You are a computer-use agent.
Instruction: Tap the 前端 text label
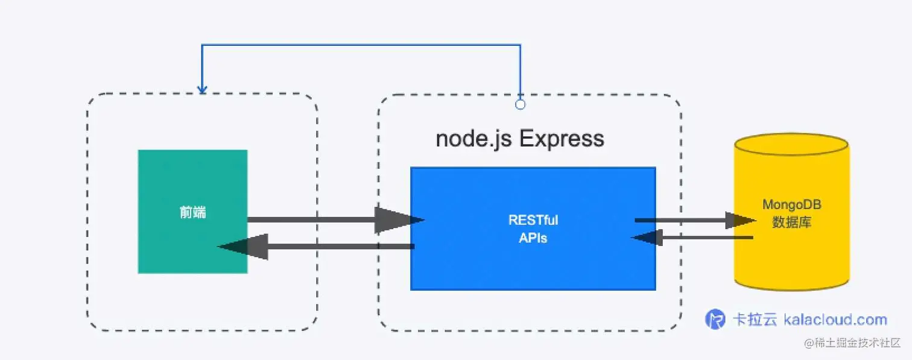(x=192, y=212)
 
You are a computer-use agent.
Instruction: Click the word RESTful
(x=533, y=220)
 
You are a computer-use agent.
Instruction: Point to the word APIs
(x=533, y=238)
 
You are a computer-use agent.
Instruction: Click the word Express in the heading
(x=561, y=139)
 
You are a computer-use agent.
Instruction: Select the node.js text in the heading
(x=473, y=139)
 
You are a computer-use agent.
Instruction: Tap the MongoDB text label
(x=791, y=205)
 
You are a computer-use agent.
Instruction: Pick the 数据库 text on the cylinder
(x=791, y=223)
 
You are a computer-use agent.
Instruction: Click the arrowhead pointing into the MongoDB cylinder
(x=739, y=221)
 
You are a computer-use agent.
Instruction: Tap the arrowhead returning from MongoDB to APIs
(x=647, y=238)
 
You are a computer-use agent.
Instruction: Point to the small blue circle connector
(x=520, y=104)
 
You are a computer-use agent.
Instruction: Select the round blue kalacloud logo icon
(x=715, y=319)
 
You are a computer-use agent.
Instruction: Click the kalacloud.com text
(x=835, y=320)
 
